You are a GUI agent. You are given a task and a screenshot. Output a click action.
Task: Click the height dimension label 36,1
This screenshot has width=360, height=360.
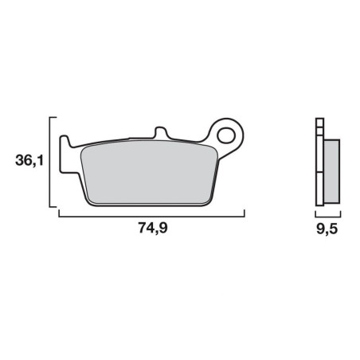pos(29,161)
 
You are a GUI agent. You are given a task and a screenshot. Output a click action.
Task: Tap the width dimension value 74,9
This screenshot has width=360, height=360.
pos(153,228)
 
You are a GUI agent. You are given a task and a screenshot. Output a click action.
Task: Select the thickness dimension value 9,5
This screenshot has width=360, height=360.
pos(327,229)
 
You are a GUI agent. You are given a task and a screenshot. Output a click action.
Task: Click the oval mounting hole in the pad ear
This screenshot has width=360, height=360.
pos(226,135)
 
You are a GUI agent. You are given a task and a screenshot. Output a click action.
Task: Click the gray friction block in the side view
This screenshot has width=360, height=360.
pos(331,171)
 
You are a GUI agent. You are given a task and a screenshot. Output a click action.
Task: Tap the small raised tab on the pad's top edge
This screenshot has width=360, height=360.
pos(161,132)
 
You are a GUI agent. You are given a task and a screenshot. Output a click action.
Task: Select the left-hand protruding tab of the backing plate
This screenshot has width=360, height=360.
pos(65,154)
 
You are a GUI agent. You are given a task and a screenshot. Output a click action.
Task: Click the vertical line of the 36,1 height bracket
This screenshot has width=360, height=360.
pos(50,162)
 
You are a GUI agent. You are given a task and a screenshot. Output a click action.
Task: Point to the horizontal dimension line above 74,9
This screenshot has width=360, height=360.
pos(151,217)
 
